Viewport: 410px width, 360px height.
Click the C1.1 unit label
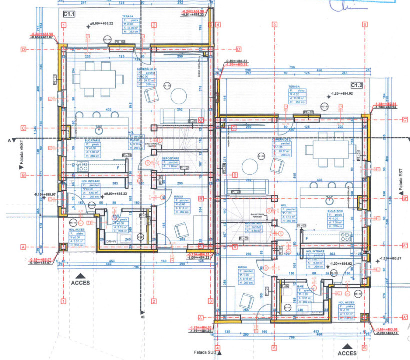69,15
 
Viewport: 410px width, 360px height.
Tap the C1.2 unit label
357,85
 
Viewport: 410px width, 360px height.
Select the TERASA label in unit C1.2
294,86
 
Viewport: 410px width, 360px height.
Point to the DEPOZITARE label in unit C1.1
170,158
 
